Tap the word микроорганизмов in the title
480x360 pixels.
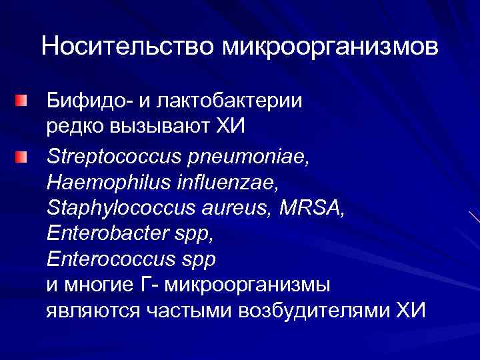[330, 47]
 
